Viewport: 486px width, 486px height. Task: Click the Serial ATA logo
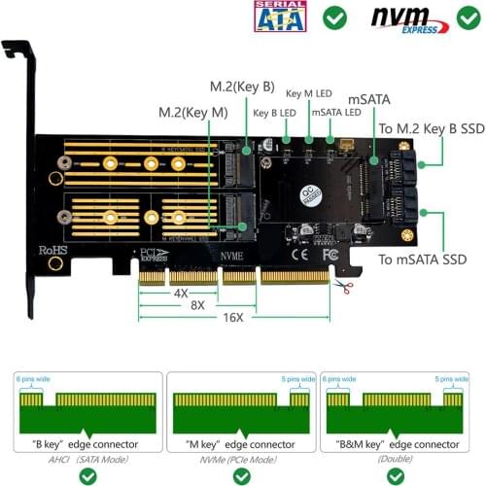pos(279,17)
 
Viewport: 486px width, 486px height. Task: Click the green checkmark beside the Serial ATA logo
pos(335,17)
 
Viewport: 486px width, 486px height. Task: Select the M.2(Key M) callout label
pos(193,113)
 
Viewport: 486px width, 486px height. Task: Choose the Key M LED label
pos(309,94)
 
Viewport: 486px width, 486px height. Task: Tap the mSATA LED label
pos(335,112)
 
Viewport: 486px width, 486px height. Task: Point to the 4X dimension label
pos(181,292)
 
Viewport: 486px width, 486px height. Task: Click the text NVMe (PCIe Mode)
pos(241,456)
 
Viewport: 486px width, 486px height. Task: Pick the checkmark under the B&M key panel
pos(394,476)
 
